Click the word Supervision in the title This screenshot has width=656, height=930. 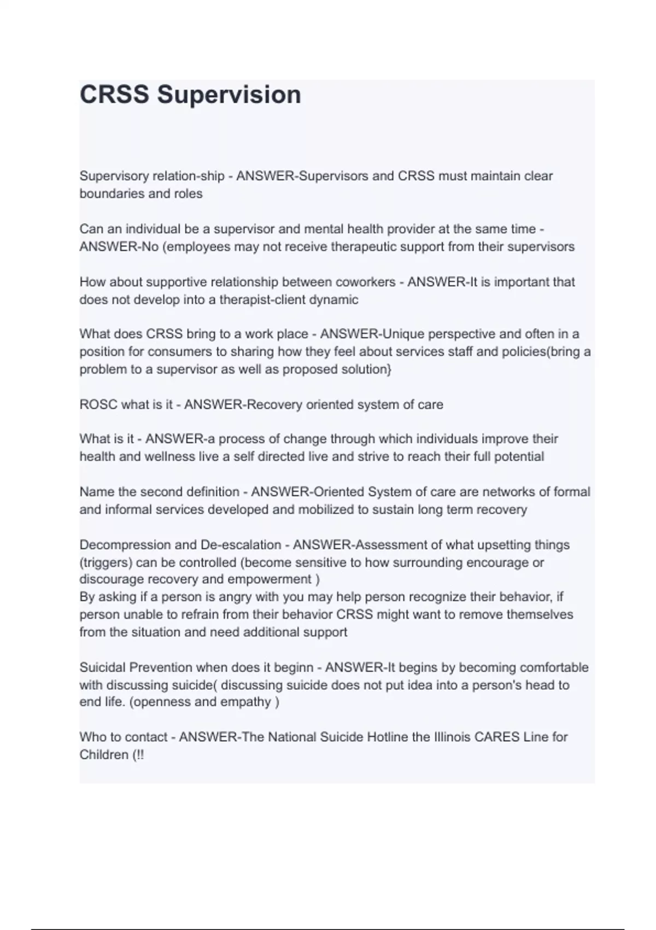pyautogui.click(x=229, y=94)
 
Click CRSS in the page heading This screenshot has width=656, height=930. pyautogui.click(x=114, y=94)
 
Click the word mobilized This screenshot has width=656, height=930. pyautogui.click(x=326, y=510)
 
